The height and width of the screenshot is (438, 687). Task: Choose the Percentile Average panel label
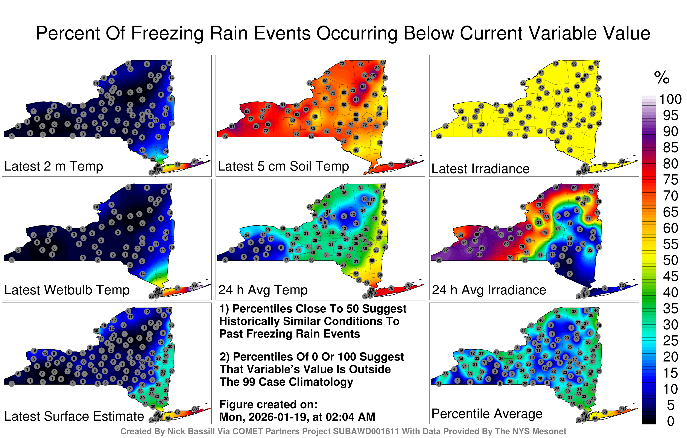[x=487, y=414]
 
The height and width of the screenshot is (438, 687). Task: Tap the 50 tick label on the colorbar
[x=670, y=260]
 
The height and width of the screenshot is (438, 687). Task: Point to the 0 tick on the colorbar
[x=671, y=421]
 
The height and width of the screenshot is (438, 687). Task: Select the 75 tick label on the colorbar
[x=670, y=180]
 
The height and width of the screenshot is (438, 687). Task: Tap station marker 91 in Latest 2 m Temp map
[x=195, y=161]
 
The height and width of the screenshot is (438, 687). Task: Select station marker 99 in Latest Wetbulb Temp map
[x=195, y=285]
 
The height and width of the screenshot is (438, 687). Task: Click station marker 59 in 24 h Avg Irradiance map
[x=523, y=207]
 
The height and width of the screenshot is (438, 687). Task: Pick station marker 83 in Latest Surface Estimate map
[x=195, y=409]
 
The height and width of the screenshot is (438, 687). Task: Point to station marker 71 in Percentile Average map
[x=622, y=409]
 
